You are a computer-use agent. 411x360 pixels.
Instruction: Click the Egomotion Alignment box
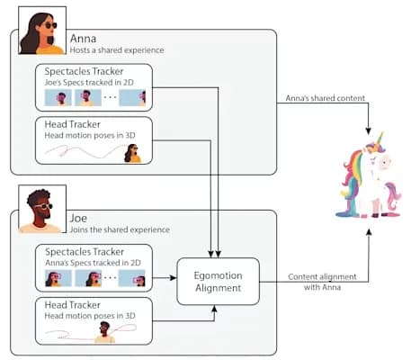[218, 282]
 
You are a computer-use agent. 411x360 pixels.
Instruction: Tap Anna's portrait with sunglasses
[42, 31]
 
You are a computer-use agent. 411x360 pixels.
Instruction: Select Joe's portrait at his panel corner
[42, 209]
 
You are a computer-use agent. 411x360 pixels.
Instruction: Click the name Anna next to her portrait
[83, 39]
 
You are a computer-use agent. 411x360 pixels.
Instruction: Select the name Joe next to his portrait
[78, 218]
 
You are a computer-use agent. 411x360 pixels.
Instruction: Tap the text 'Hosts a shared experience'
[117, 50]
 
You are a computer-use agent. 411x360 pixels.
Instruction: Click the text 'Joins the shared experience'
[120, 229]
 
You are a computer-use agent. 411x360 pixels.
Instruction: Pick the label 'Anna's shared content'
[326, 98]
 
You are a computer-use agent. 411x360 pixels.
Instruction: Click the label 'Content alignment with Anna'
[322, 282]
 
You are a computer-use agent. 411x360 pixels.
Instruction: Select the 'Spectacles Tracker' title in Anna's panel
[84, 71]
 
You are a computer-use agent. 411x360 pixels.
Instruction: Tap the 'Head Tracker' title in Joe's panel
[73, 305]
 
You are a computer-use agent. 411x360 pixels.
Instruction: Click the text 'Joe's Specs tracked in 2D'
[89, 82]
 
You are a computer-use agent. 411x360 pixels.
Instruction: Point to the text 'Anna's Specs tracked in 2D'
[93, 263]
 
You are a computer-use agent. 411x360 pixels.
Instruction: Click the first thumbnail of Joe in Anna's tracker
[58, 97]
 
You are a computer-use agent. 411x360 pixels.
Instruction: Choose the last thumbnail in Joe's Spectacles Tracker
[132, 278]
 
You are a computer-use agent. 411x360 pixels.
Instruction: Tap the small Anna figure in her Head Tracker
[132, 153]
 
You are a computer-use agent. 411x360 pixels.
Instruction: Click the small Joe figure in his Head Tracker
[104, 332]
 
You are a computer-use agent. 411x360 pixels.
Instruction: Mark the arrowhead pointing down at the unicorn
[369, 131]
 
